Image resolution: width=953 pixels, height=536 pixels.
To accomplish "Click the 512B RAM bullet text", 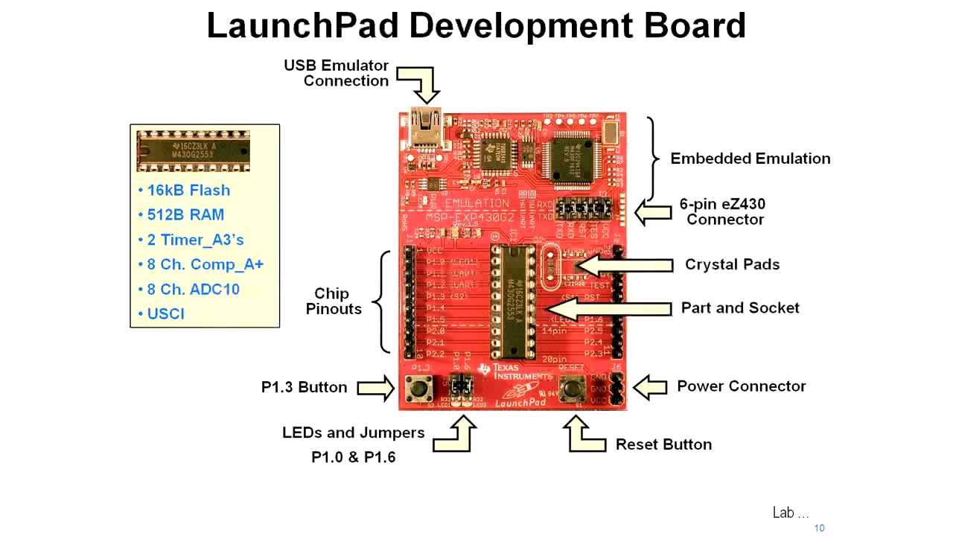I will [185, 214].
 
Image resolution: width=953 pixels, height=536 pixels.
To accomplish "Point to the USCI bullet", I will [165, 313].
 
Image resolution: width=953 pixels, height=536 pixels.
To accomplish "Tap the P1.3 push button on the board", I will [419, 388].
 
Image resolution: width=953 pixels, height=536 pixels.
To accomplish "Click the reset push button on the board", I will [572, 388].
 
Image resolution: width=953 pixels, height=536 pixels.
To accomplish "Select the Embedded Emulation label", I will [750, 159].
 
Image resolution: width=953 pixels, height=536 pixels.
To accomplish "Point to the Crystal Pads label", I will [732, 265].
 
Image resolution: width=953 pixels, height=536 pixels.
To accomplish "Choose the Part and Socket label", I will [740, 308].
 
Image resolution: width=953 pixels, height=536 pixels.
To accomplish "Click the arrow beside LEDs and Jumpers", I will [456, 435].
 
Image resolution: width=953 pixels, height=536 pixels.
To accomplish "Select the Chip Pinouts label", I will [333, 301].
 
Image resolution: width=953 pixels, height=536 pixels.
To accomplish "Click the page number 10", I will [819, 528].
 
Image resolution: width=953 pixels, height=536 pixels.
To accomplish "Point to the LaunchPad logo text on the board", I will [521, 403].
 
